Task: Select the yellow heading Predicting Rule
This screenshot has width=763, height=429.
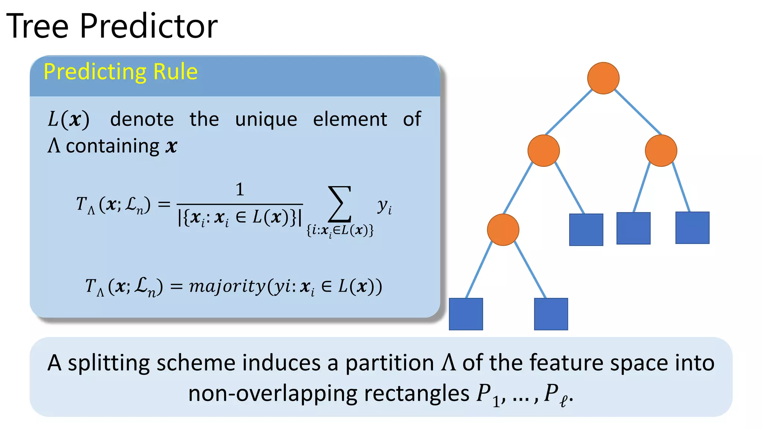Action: pos(120,71)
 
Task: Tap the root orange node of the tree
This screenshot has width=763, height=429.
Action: pos(603,78)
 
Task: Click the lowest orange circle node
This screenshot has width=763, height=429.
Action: pos(503,230)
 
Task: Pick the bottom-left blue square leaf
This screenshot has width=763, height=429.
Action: pos(466,314)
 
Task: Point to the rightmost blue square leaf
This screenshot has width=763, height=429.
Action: pos(692,228)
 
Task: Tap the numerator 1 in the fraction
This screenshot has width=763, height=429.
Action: pos(240,190)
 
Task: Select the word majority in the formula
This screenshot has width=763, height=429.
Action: pos(227,286)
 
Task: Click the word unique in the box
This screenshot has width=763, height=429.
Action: pos(266,120)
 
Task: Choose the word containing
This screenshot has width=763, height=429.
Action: pos(113,146)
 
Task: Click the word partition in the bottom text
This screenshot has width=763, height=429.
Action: pos(389,363)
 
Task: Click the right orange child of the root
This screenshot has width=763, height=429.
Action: pos(661,150)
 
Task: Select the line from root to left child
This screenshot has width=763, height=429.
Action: pos(569,112)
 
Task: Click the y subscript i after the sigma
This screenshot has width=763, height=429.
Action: pos(384,206)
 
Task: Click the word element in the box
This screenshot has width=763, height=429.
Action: pos(350,120)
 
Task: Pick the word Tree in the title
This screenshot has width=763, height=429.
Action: pos(37,26)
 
